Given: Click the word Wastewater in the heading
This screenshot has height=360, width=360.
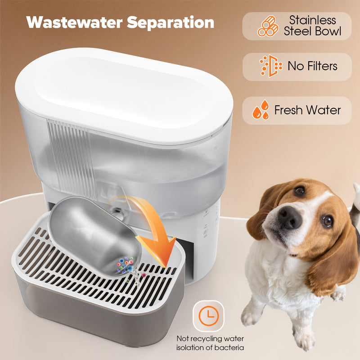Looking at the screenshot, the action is (x=74, y=22).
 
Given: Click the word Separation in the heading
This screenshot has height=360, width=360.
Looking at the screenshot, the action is (x=171, y=23).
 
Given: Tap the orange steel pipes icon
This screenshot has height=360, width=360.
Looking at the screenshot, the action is (x=268, y=26).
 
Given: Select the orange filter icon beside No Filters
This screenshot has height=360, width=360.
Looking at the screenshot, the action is (x=271, y=66).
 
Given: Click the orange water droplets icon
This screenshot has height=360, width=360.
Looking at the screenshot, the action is (x=261, y=110).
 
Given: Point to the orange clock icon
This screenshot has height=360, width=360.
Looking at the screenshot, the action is (x=208, y=316).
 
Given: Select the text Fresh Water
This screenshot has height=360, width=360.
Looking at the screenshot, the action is (x=308, y=110).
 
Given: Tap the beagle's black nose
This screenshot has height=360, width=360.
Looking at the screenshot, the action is (x=290, y=217).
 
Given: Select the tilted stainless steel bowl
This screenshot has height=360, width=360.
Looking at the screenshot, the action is (x=94, y=237).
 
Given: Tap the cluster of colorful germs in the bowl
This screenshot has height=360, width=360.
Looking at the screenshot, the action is (x=125, y=265).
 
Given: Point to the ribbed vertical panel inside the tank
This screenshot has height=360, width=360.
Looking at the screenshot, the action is (x=71, y=158).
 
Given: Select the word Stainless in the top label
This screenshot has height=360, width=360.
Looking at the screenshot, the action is (x=312, y=20).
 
